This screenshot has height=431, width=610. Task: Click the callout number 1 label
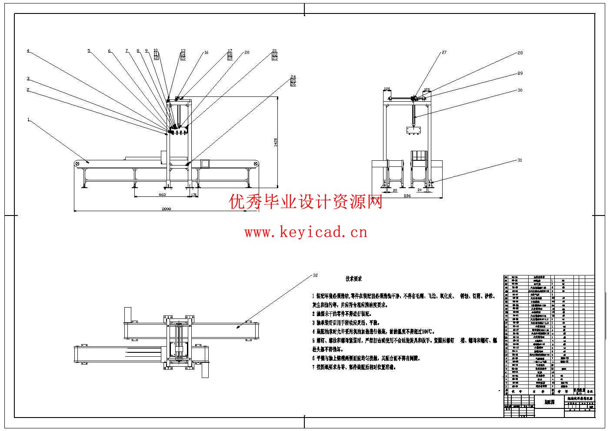tap(29, 119)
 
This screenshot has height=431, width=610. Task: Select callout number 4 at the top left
tap(28, 51)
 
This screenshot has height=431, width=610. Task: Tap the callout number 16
tap(206, 53)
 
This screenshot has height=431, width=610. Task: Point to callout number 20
tap(247, 53)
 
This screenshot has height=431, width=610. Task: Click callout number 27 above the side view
tap(444, 53)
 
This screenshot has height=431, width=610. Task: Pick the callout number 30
tap(520, 90)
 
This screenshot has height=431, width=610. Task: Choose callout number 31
tap(520, 160)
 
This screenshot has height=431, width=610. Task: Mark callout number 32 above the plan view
tap(315, 275)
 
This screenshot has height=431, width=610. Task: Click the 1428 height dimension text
tap(275, 142)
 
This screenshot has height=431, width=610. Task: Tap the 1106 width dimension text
tap(407, 196)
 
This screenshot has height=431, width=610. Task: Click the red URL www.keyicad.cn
tap(306, 232)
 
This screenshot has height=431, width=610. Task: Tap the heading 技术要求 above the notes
tap(353, 279)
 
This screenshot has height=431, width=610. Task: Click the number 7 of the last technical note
tap(313, 367)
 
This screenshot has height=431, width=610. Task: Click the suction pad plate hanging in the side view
tap(413, 130)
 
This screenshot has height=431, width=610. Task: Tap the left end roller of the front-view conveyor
tap(77, 163)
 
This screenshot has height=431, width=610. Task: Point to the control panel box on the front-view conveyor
tap(205, 163)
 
